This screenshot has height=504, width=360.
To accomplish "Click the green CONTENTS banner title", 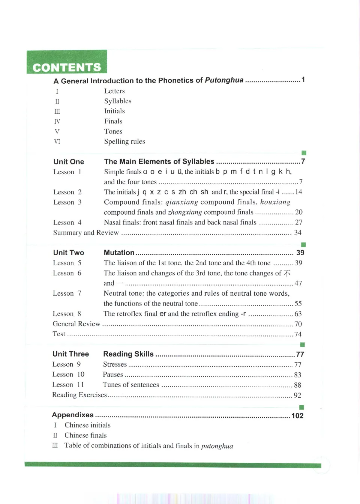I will click(67, 67).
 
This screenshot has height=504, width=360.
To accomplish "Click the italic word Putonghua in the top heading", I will click(224, 80).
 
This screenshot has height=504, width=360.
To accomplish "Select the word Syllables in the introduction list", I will click(118, 101).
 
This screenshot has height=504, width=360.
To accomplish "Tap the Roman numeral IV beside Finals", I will click(57, 121).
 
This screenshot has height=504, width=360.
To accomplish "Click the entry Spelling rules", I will click(124, 141).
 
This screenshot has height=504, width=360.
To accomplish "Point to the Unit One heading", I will click(69, 162).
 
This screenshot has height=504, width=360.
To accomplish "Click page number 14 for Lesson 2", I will click(298, 192).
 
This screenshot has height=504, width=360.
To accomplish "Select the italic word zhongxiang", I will click(185, 212).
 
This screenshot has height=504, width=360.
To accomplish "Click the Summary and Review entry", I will click(86, 233).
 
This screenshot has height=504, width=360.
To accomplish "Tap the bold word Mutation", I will click(119, 253).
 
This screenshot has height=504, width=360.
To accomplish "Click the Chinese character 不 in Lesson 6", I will click(287, 273).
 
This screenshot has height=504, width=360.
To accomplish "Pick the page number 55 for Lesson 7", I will click(298, 304).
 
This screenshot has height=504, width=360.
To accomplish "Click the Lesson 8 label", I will click(67, 314).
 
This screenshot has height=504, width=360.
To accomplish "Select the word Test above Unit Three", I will click(59, 334).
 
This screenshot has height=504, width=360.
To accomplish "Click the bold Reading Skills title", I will click(128, 354).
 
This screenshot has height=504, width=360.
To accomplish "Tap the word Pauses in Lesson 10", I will click(113, 375).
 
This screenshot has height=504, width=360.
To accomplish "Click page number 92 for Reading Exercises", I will click(297, 395).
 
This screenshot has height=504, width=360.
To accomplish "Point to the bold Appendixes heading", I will click(73, 415).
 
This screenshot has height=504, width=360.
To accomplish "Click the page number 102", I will click(297, 415).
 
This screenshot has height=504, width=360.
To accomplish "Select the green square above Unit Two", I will click(303, 245).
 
